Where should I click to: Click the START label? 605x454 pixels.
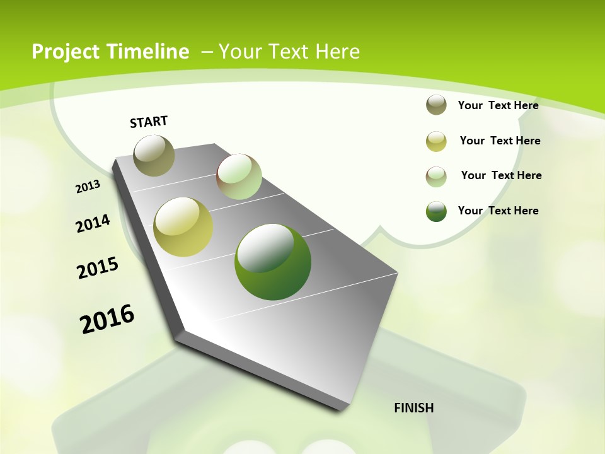(149, 121)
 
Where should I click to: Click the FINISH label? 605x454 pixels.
(414, 408)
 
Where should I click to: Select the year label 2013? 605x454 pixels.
(88, 186)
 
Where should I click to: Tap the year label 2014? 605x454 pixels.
(93, 223)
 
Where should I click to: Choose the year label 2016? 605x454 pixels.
(107, 318)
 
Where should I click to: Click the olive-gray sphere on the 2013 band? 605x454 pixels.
(154, 155)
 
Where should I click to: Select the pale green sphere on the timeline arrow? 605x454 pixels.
(239, 177)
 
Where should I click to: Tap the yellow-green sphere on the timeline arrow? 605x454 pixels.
(183, 227)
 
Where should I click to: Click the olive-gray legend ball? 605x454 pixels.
(436, 105)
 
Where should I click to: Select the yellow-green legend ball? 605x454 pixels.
(436, 141)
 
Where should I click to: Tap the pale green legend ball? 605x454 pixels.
(436, 177)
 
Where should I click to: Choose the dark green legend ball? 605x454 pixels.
(436, 211)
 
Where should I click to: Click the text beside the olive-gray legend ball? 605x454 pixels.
(498, 105)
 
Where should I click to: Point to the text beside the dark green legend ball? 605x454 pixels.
(498, 211)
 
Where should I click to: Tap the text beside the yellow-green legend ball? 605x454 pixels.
(500, 141)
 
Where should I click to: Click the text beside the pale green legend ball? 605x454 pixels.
(501, 175)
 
